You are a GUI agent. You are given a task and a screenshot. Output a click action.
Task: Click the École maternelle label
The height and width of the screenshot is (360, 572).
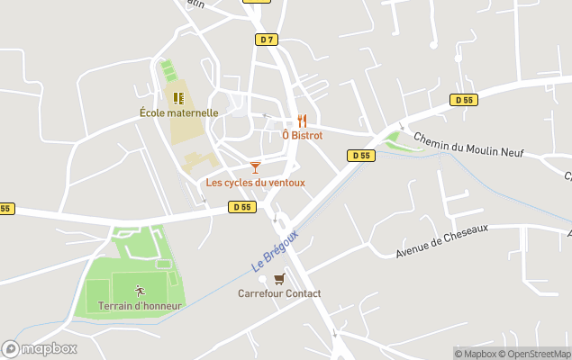(x=179, y=113)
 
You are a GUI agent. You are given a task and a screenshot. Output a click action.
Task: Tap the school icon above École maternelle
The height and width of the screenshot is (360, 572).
(x=178, y=97)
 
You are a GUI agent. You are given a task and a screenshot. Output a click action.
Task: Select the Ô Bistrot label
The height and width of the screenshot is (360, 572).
(x=302, y=135)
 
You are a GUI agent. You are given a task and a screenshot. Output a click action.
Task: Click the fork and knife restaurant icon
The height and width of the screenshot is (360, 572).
(x=302, y=120)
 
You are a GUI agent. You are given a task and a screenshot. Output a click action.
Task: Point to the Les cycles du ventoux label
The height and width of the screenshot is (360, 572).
(x=256, y=183)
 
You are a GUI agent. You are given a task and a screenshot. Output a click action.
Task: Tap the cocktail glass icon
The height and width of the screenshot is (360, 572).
(x=255, y=166)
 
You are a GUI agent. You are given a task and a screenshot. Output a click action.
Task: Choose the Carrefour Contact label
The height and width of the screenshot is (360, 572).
(x=279, y=293)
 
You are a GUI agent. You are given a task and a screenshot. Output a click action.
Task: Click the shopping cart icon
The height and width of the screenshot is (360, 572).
(x=279, y=278)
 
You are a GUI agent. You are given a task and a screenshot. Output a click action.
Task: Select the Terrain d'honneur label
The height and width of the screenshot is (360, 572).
(x=140, y=306)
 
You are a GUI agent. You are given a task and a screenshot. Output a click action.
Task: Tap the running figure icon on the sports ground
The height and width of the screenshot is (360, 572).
(x=140, y=290)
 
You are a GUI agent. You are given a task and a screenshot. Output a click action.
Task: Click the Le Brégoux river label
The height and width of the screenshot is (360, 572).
(x=274, y=251)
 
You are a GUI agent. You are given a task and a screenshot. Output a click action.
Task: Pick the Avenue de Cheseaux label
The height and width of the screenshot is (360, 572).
(x=441, y=241)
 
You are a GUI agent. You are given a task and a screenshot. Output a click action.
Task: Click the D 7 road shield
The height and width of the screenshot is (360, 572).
(x=266, y=40)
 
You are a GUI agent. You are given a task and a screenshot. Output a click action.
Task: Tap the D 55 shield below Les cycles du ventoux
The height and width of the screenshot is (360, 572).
(x=241, y=207)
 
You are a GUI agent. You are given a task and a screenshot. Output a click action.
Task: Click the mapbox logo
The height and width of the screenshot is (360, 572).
(x=39, y=348)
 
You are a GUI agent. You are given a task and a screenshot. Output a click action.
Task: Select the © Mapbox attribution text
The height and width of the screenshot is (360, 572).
(x=476, y=354)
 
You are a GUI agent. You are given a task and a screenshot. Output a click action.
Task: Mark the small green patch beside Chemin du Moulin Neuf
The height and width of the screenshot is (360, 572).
(x=393, y=140)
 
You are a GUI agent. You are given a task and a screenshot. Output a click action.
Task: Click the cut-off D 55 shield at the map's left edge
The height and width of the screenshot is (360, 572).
(x=5, y=209)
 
